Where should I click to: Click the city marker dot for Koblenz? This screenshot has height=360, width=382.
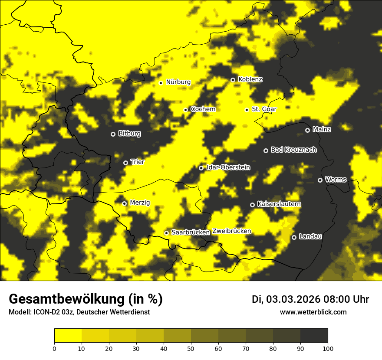[x=233, y=80]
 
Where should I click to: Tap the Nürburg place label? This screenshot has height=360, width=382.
[x=178, y=82]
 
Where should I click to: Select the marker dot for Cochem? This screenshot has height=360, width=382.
[x=185, y=110]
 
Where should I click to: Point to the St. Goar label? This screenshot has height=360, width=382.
[x=264, y=109]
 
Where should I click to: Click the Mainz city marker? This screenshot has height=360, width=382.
[x=307, y=130]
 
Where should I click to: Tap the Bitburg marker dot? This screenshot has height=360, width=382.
[x=113, y=134]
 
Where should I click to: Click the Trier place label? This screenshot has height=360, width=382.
[x=138, y=162]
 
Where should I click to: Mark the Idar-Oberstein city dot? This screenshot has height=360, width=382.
[x=201, y=168]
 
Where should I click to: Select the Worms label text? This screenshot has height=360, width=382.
[x=336, y=179]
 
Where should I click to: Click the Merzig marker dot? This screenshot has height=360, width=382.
[x=124, y=203]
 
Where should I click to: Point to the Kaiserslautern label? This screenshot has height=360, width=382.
[x=279, y=204]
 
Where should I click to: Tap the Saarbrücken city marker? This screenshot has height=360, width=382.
[x=166, y=233]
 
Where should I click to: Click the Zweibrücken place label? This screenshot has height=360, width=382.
[x=232, y=231]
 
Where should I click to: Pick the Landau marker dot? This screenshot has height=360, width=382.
[x=294, y=237]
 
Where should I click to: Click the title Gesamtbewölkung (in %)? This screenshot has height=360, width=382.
[x=86, y=299]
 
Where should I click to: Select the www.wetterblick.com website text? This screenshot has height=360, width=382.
[x=313, y=312]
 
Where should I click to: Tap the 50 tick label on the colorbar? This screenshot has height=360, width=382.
[x=191, y=348]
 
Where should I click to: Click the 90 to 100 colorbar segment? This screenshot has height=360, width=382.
[x=314, y=335]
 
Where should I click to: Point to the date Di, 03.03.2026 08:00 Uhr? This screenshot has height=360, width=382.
[x=310, y=299]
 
